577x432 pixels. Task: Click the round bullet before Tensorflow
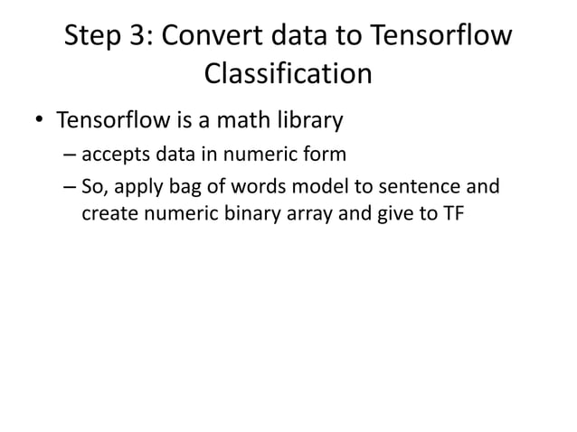39,121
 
